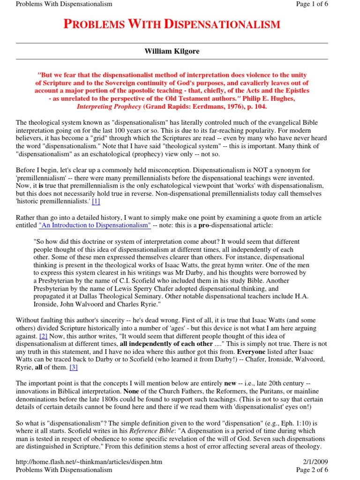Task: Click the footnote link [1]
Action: [x=96, y=202]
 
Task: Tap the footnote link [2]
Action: [x=44, y=337]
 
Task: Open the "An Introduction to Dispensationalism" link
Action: [x=95, y=225]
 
